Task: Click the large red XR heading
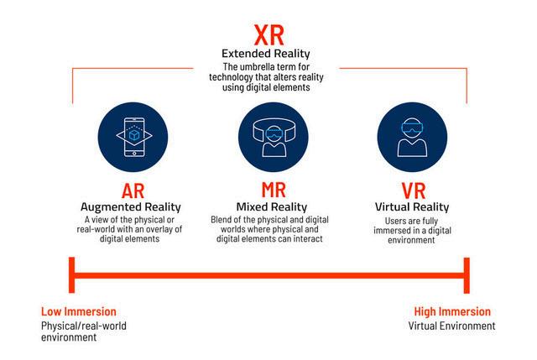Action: (x=268, y=36)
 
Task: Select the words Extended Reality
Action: (x=268, y=55)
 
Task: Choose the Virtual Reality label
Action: (x=411, y=206)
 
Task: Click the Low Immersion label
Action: (x=79, y=311)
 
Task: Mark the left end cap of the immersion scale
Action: (x=72, y=275)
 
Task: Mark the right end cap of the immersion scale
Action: (x=466, y=275)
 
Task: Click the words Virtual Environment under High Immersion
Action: (x=451, y=326)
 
